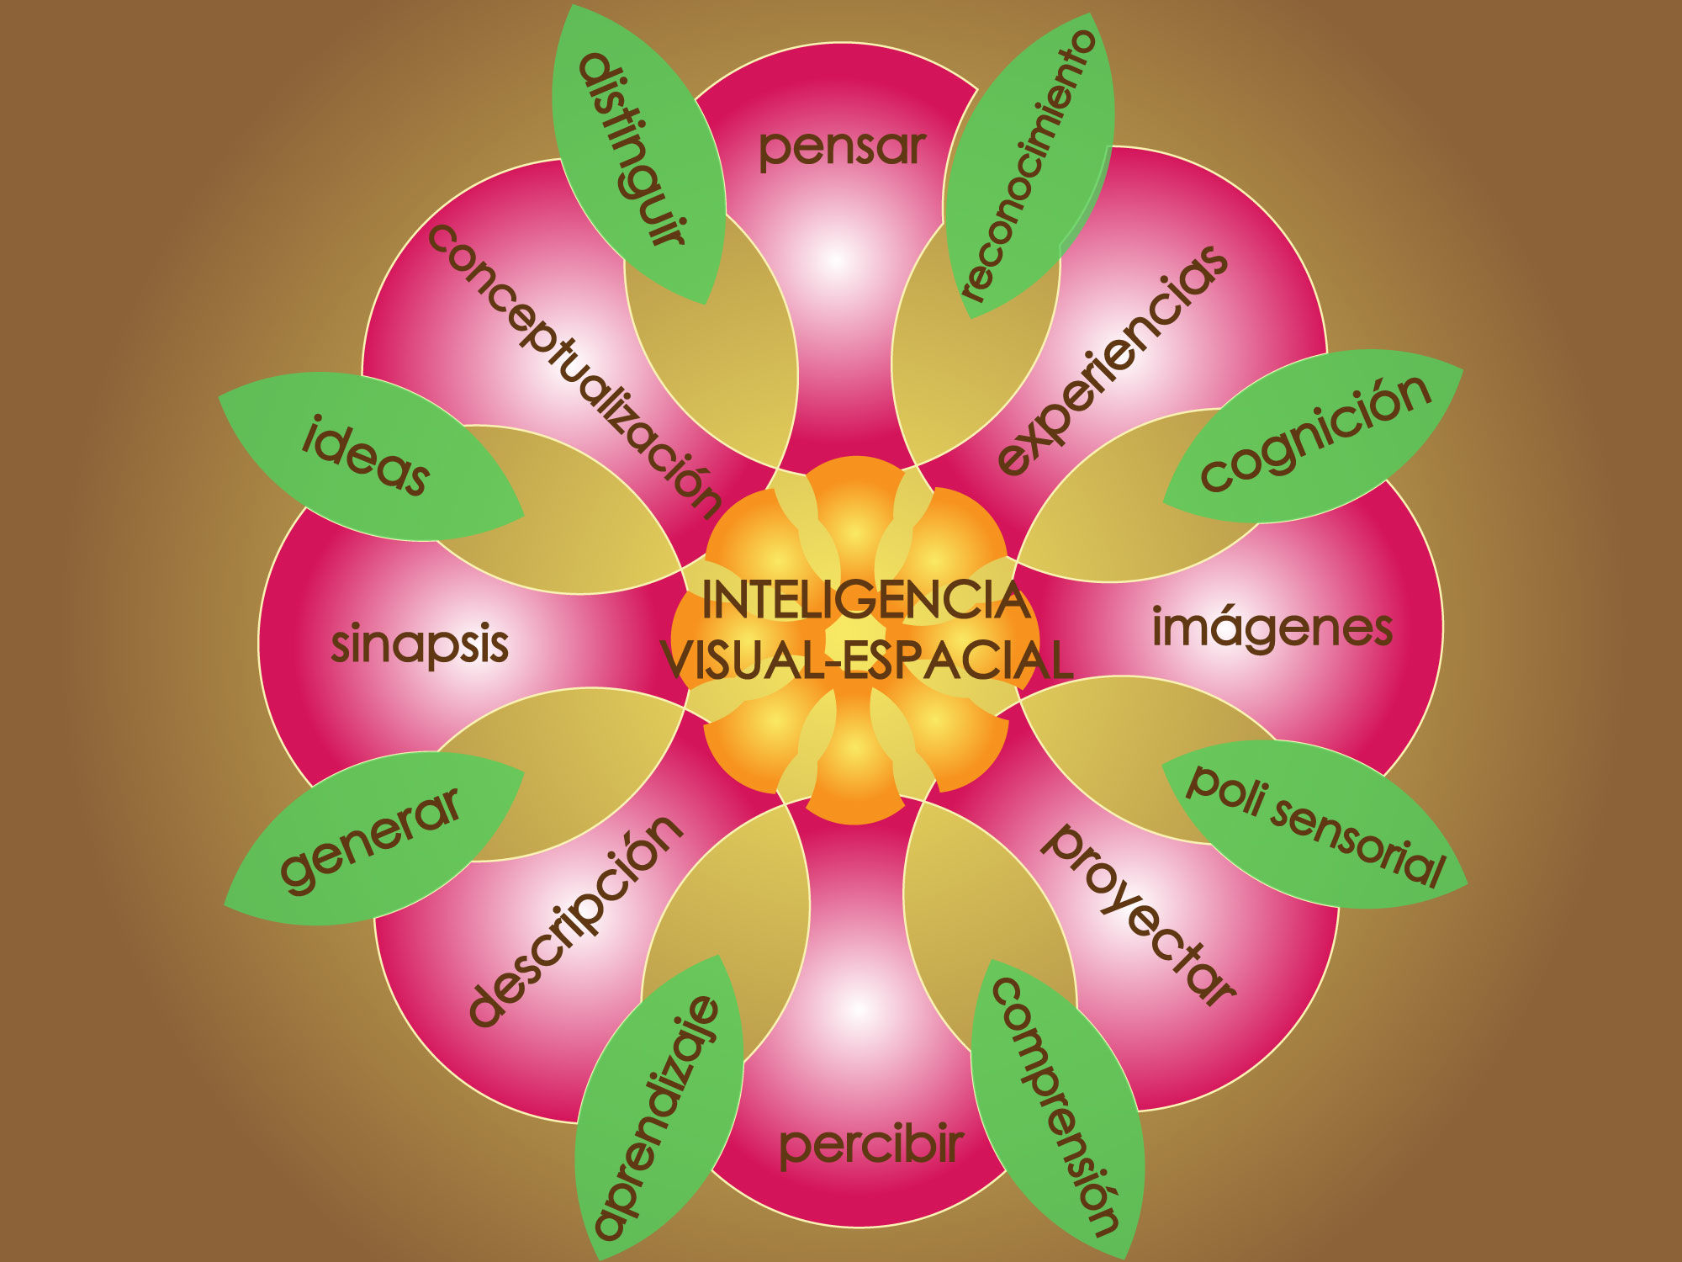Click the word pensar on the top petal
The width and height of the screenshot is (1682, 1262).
842,148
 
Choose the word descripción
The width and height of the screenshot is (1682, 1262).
575,920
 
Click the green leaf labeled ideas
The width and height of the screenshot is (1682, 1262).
367,454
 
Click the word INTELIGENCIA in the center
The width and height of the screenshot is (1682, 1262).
866,601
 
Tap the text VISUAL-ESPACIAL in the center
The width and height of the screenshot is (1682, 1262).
866,660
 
